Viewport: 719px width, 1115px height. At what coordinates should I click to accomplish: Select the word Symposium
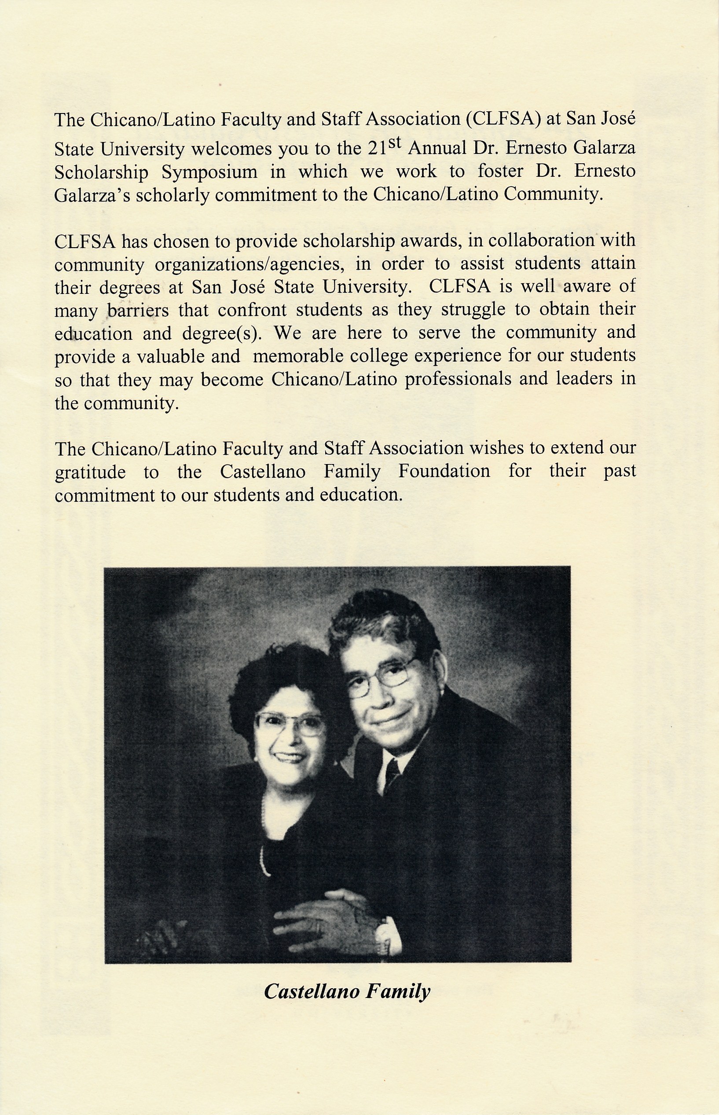click(209, 172)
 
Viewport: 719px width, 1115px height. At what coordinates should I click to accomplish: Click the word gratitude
click(90, 472)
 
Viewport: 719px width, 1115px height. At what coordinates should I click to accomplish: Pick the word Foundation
click(444, 471)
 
